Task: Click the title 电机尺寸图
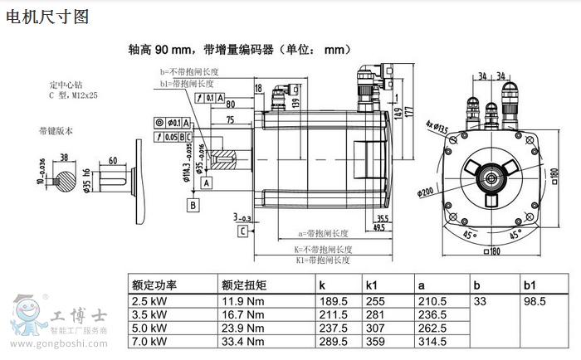tap(47, 16)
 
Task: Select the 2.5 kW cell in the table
tap(149, 302)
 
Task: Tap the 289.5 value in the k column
tap(334, 341)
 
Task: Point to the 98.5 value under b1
tap(535, 302)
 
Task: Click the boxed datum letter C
tap(242, 231)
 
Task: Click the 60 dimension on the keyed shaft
tap(112, 161)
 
